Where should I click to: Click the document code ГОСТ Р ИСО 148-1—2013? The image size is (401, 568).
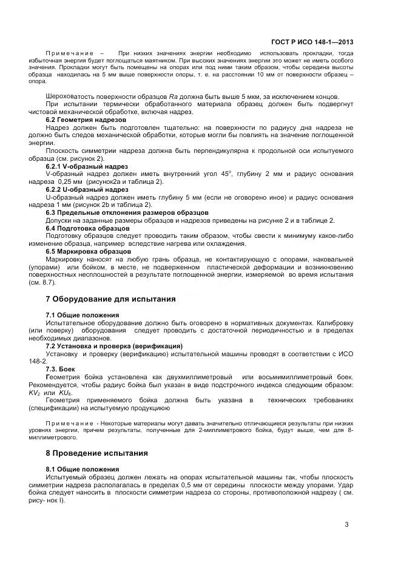tap(312, 42)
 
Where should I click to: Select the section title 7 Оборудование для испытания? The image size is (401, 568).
tap(111, 299)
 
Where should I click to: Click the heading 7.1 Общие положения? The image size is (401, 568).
tap(83, 315)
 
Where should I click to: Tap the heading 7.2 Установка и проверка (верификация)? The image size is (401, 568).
tap(115, 346)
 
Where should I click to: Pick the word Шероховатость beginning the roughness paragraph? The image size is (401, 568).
tap(70, 97)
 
